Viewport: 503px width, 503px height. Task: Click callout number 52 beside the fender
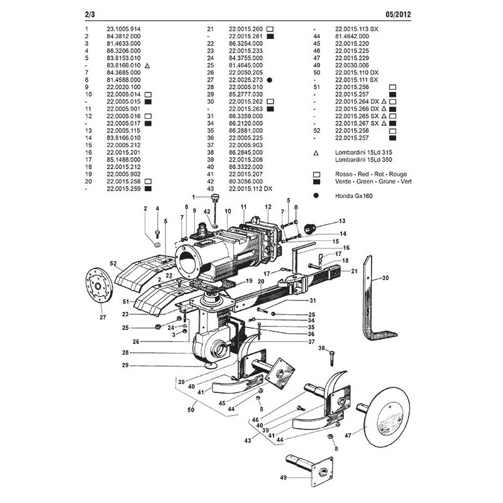click(113, 263)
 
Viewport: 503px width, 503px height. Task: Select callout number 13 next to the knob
click(343, 221)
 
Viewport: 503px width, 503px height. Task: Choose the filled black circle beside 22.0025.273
click(268, 80)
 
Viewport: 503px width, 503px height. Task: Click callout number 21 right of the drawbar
click(354, 270)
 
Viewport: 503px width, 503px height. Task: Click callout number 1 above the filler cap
click(203, 198)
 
